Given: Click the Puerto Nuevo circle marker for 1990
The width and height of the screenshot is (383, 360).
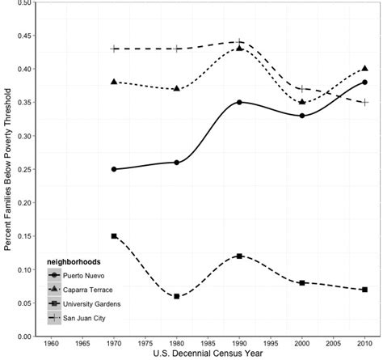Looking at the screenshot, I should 239,103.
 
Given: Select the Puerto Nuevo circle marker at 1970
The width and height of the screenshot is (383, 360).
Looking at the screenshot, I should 114,169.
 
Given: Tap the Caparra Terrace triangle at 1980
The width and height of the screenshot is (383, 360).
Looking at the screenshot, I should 176,89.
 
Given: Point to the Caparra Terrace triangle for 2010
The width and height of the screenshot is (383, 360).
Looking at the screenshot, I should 365,69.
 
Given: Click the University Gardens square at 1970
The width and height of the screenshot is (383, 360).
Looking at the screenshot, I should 114,236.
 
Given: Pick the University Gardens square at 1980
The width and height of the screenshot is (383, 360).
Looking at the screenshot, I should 176,296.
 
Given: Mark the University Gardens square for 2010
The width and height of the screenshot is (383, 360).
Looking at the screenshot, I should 365,290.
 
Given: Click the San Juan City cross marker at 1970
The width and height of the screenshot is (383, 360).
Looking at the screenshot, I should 114,49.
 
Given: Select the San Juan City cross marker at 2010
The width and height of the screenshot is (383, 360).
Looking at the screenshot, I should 365,103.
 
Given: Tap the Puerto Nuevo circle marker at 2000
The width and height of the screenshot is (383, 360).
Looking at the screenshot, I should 302,116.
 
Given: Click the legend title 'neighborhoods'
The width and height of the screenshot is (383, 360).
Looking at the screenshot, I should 75,260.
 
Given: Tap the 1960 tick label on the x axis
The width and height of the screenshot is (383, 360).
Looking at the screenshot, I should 51,342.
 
